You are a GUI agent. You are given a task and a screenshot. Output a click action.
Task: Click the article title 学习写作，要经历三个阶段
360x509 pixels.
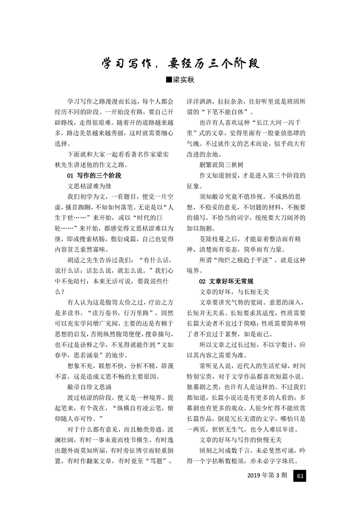[x=180, y=63]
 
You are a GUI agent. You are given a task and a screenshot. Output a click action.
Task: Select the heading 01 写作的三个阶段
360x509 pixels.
[x=94, y=175]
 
